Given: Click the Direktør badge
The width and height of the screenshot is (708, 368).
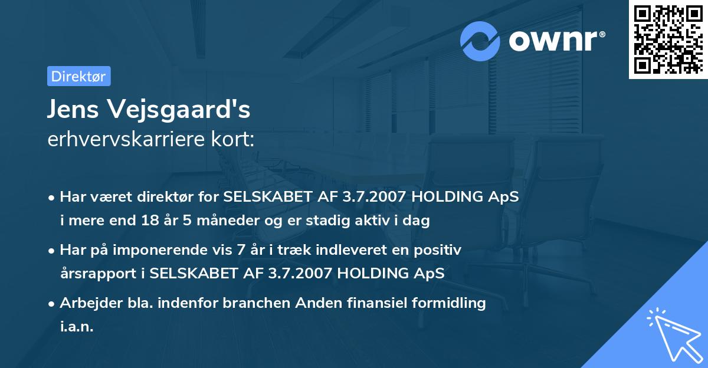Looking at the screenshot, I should [x=78, y=76].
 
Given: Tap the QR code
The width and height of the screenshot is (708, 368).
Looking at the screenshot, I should [x=668, y=39].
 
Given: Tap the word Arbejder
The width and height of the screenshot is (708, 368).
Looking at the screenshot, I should [x=87, y=303].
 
